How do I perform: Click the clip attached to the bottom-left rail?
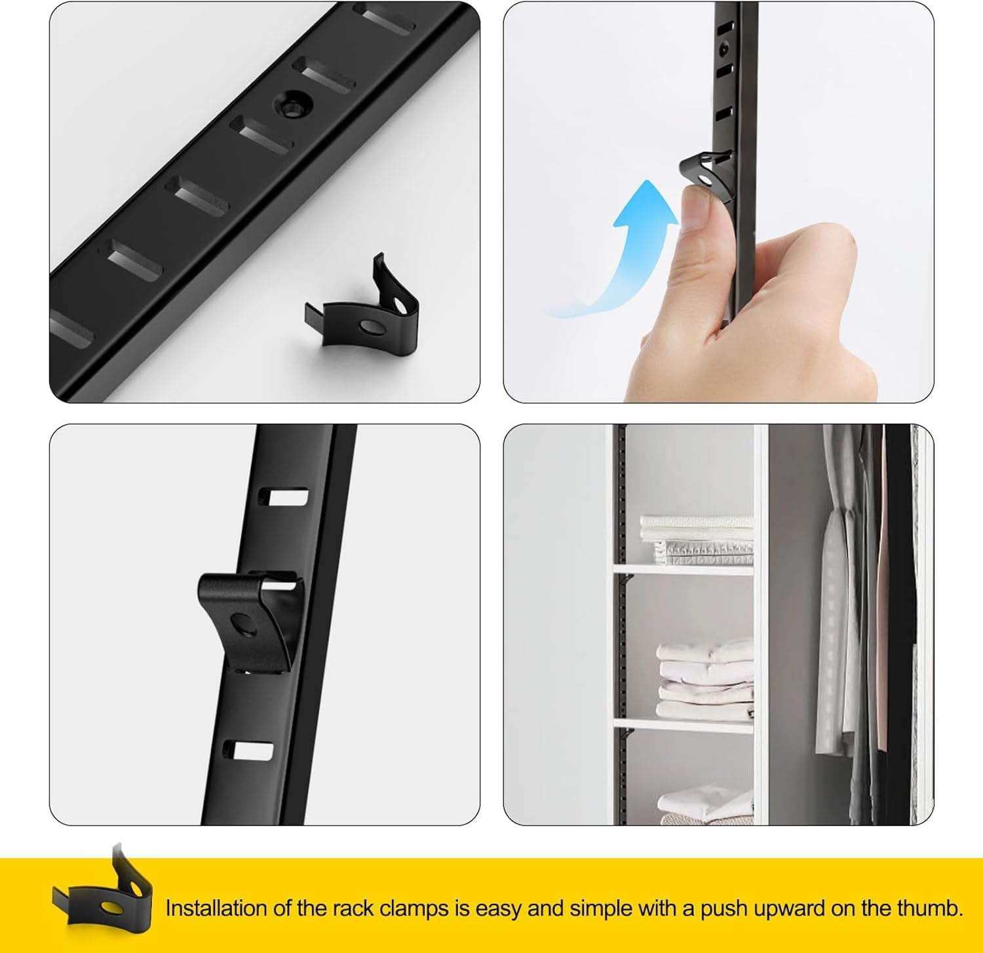(249, 619)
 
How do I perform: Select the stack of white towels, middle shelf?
(704, 681)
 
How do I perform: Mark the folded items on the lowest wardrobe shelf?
(704, 806)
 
